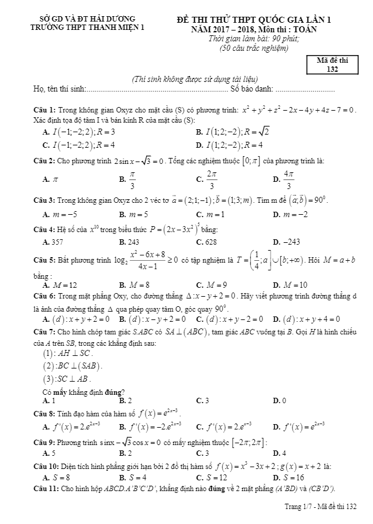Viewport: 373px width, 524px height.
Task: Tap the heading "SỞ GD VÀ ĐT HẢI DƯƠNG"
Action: (x=83, y=19)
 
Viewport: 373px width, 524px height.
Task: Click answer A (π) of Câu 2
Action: (x=50, y=179)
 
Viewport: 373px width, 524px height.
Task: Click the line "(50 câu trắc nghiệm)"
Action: (x=253, y=48)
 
